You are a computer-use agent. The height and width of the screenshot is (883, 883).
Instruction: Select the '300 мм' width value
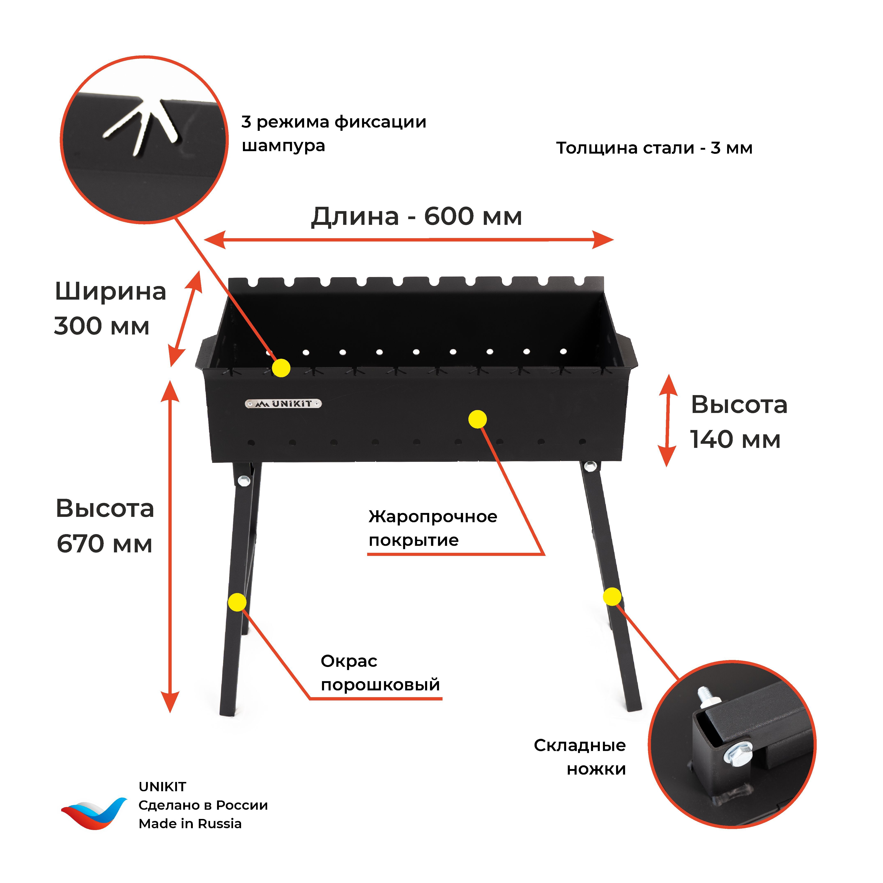point(101,326)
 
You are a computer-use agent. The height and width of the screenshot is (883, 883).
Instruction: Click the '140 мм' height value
point(735,439)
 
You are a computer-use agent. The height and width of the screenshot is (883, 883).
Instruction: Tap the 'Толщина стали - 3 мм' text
point(654,148)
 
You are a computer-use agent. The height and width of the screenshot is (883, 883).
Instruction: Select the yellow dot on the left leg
point(237,602)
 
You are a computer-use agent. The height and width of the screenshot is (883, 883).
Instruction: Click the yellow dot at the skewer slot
point(281,367)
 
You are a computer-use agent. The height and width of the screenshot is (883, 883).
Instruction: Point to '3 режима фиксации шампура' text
point(334,133)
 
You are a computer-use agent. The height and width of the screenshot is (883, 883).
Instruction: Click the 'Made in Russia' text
point(190,824)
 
